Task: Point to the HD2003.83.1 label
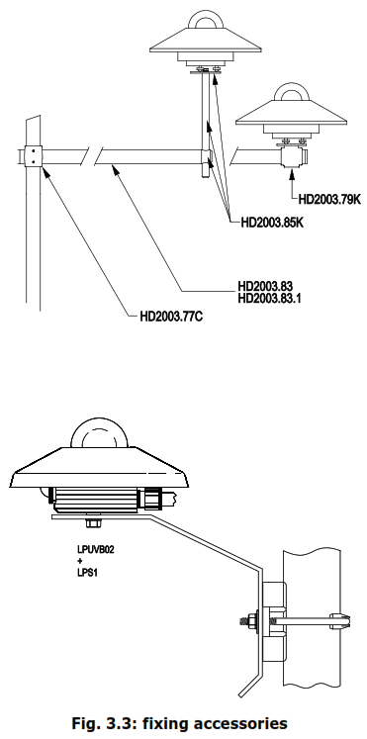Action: coord(270,298)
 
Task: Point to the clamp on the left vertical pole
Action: coord(33,156)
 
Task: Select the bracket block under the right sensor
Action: coord(292,155)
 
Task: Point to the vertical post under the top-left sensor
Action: coord(204,114)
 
